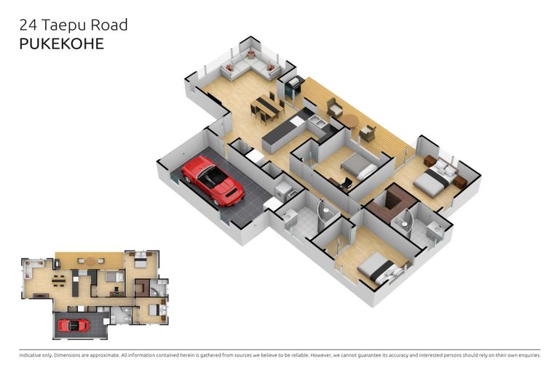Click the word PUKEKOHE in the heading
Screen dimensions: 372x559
point(61,44)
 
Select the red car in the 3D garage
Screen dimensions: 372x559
point(213,180)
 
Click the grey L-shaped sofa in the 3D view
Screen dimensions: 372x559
point(250,67)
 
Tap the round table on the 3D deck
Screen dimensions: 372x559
point(350,121)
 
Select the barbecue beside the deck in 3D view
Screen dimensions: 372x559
point(294,87)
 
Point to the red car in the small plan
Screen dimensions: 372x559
point(74,325)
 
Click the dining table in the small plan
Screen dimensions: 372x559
point(60,276)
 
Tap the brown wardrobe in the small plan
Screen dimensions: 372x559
point(142,288)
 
